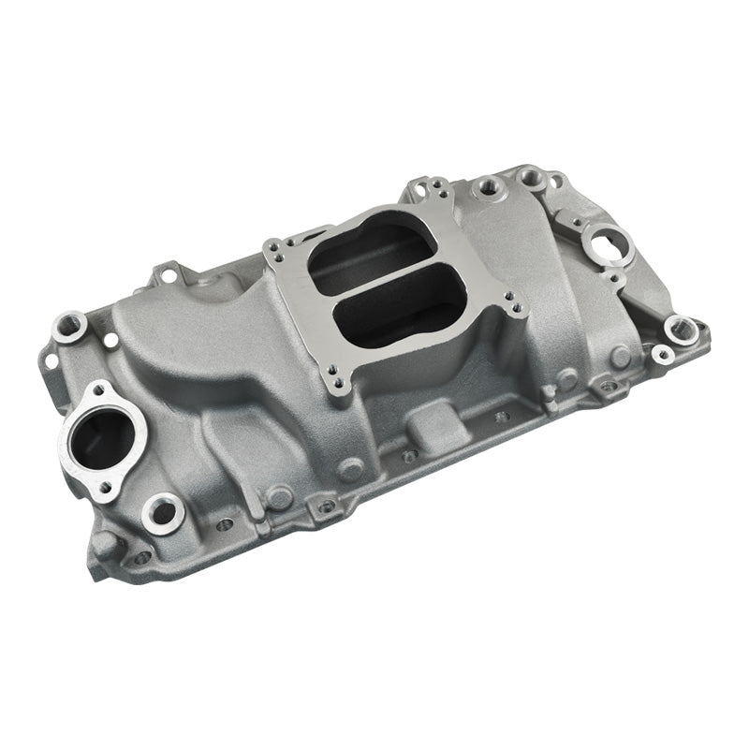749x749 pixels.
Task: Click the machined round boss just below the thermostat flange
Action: click(162, 510)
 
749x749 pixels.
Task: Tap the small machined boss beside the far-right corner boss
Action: click(661, 354)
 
